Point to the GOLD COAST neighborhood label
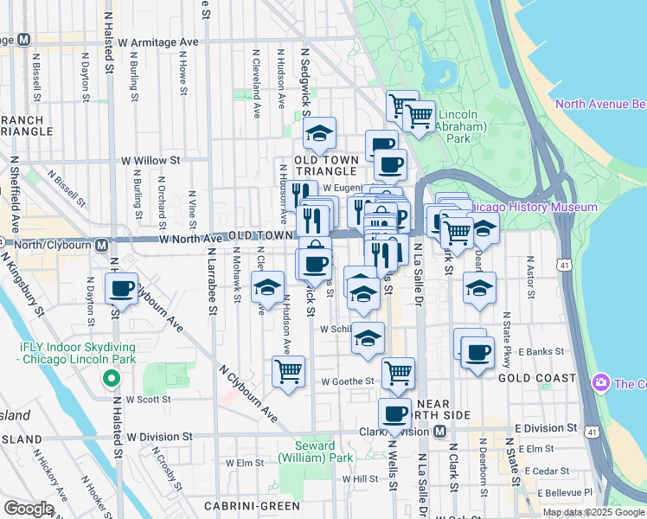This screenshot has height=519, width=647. pos(537,378)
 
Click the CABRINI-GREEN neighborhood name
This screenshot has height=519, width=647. pos(240,505)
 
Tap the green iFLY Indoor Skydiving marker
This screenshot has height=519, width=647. pos(110,378)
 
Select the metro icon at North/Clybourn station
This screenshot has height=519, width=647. pos(102,245)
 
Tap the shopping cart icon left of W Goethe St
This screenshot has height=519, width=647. pos(288,372)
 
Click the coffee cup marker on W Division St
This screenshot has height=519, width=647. pos(395,413)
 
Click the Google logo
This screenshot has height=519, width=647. pos(28,508)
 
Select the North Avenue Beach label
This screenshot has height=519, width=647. pos(600,105)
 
